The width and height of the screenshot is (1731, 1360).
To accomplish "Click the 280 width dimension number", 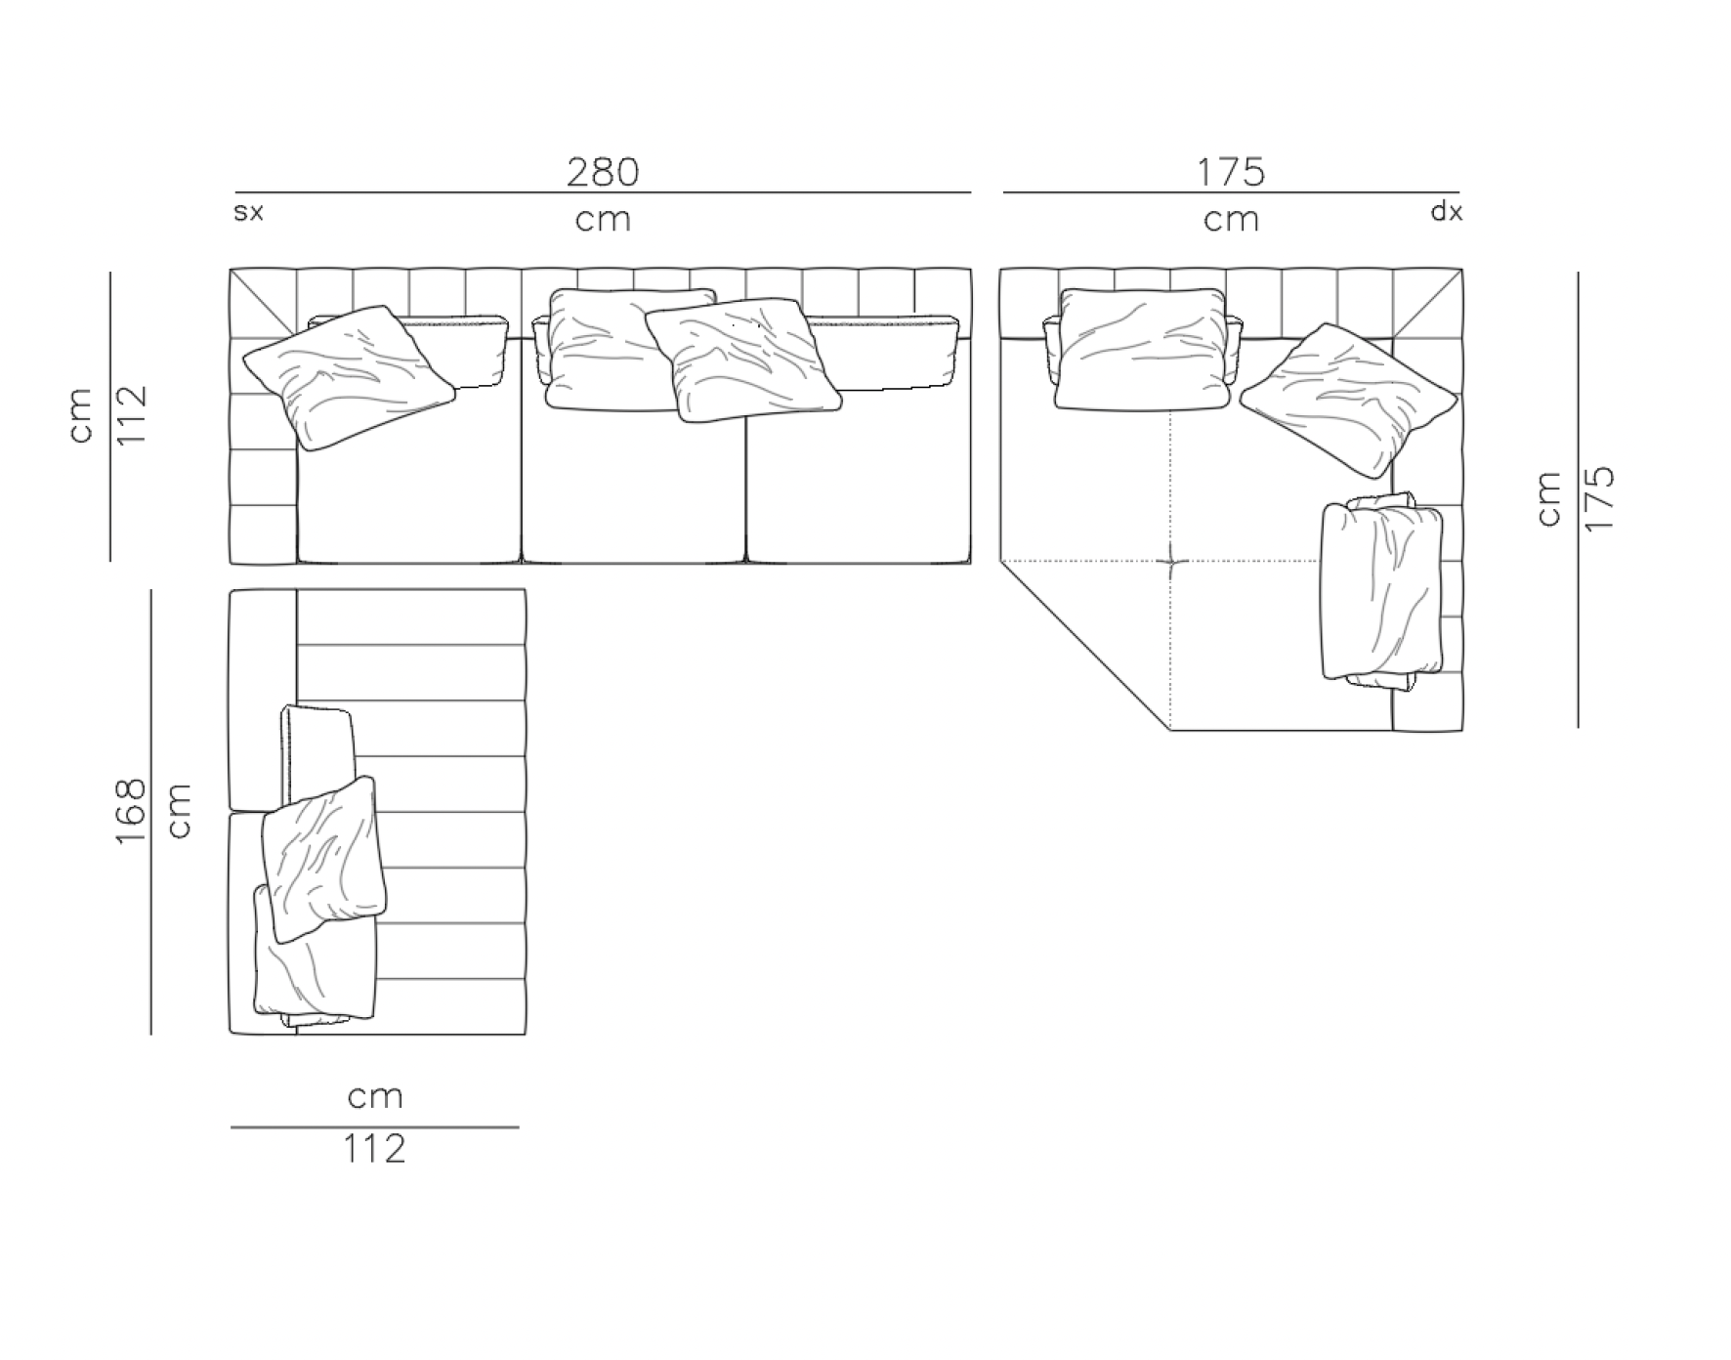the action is pyautogui.click(x=603, y=172).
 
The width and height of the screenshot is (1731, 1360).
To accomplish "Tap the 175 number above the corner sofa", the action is pyautogui.click(x=1231, y=172).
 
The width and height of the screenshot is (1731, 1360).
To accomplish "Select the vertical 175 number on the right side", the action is pyautogui.click(x=1600, y=499).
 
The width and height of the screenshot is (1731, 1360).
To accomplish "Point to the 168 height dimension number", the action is pyautogui.click(x=130, y=810).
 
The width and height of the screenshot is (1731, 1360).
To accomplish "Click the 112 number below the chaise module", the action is pyautogui.click(x=374, y=1149).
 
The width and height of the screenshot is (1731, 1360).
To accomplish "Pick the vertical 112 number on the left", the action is pyautogui.click(x=130, y=415).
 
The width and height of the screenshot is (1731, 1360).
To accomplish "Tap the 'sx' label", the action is pyautogui.click(x=248, y=212).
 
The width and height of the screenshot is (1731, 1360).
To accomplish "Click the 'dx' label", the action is pyautogui.click(x=1447, y=211).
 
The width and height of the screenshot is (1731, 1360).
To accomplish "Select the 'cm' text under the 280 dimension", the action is pyautogui.click(x=603, y=220).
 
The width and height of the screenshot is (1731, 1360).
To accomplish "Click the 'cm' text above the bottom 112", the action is pyautogui.click(x=375, y=1096).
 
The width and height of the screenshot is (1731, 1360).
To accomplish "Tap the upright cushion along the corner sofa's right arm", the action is pyautogui.click(x=1380, y=591).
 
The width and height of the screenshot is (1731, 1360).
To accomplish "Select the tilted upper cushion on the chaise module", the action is pyautogui.click(x=324, y=858).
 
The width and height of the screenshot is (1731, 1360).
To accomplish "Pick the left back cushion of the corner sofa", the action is pyautogui.click(x=1141, y=349).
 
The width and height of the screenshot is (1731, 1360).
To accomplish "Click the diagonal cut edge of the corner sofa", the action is pyautogui.click(x=1084, y=645).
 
